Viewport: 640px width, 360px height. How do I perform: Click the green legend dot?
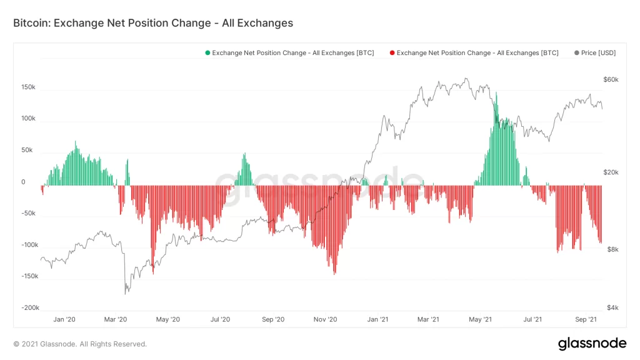pyautogui.click(x=207, y=53)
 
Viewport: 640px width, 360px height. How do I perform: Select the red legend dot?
pyautogui.click(x=392, y=53)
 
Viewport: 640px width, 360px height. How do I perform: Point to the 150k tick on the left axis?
pyautogui.click(x=28, y=87)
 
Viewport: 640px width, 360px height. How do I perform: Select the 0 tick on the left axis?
pyautogui.click(x=23, y=182)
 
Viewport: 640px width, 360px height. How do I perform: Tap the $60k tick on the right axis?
pyautogui.click(x=611, y=80)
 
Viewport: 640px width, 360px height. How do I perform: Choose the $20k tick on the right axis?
pyautogui.click(x=611, y=172)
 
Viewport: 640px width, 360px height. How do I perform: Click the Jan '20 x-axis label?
pyautogui.click(x=64, y=319)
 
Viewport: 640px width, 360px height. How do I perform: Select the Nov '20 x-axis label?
pyautogui.click(x=325, y=319)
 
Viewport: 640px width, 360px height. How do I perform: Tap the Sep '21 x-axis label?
pyautogui.click(x=585, y=319)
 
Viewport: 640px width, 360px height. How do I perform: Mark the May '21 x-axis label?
pyautogui.click(x=480, y=319)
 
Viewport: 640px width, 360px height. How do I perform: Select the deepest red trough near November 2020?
pyautogui.click(x=335, y=272)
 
